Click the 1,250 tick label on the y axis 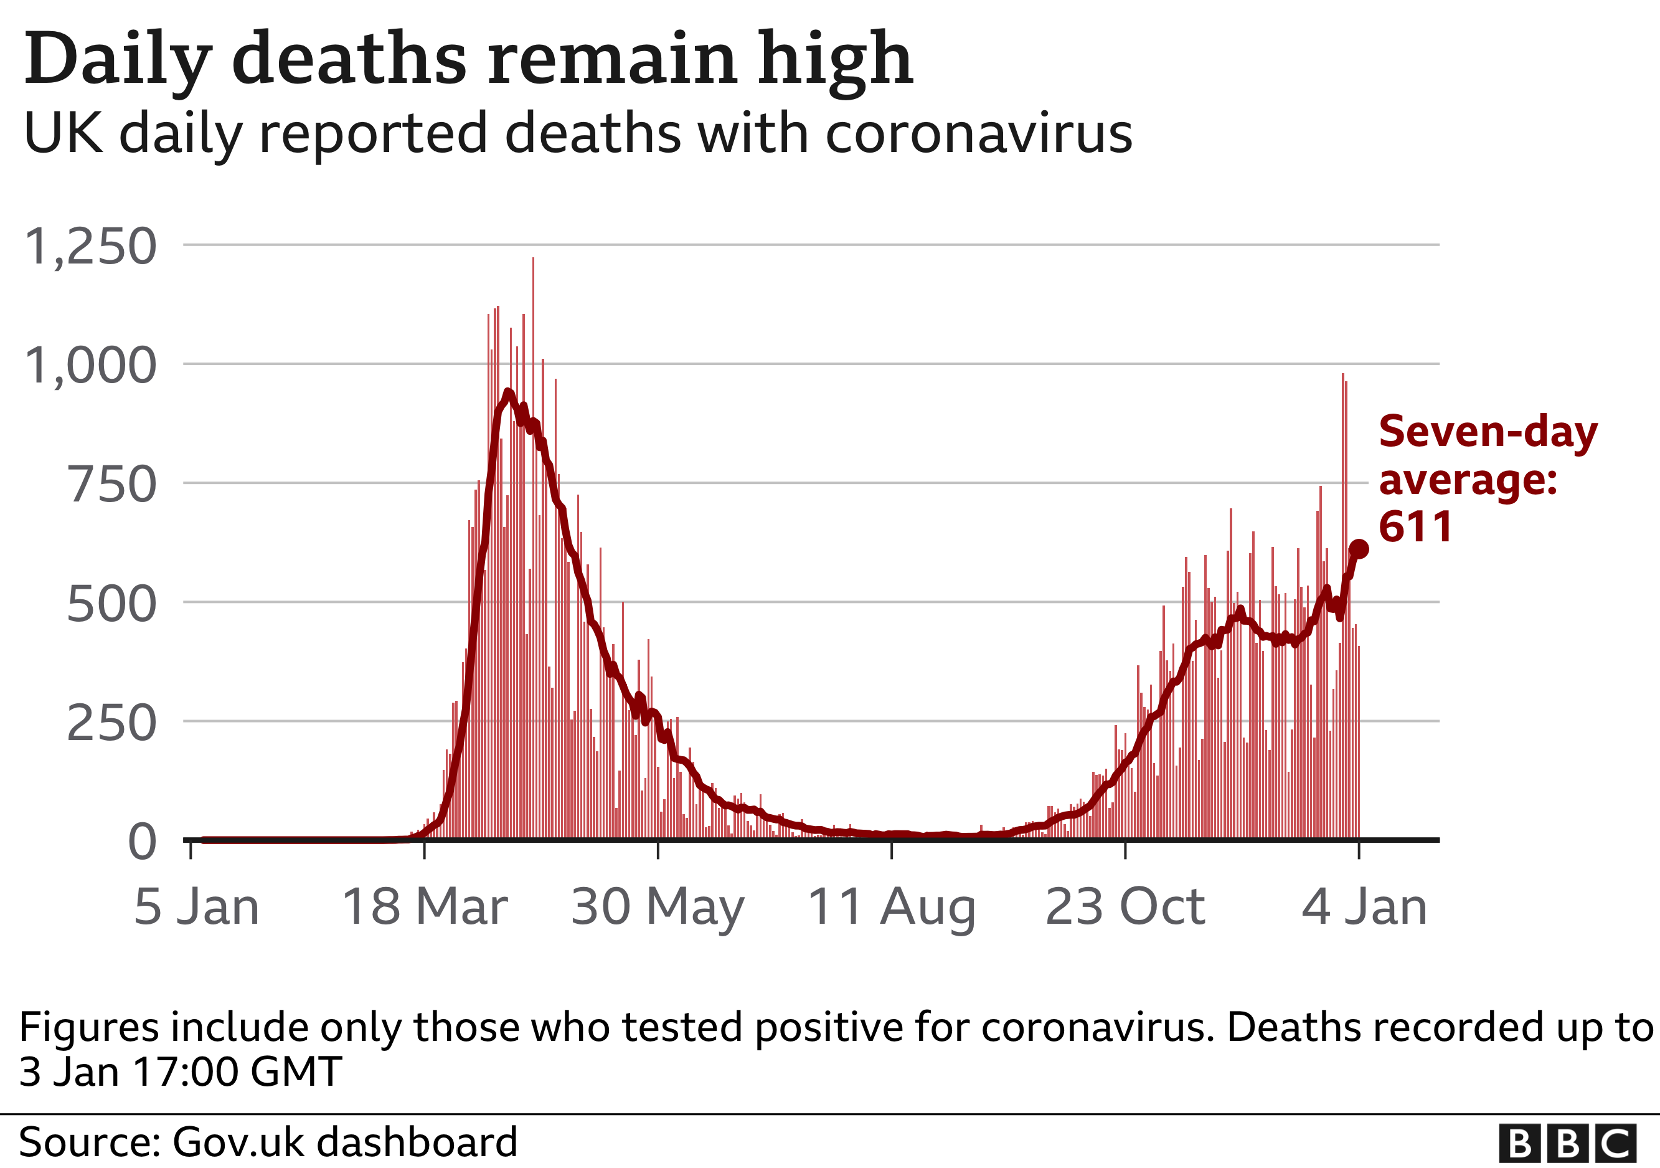click(x=90, y=247)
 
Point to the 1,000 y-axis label click(x=90, y=366)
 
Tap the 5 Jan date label click(x=197, y=907)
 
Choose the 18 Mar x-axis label click(x=425, y=907)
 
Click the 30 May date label click(x=657, y=908)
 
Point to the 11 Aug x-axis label click(x=891, y=908)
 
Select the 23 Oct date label click(x=1125, y=907)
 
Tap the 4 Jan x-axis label click(x=1364, y=907)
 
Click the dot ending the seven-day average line click(x=1359, y=549)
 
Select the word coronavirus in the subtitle click(x=979, y=134)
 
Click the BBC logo click(x=1567, y=1144)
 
